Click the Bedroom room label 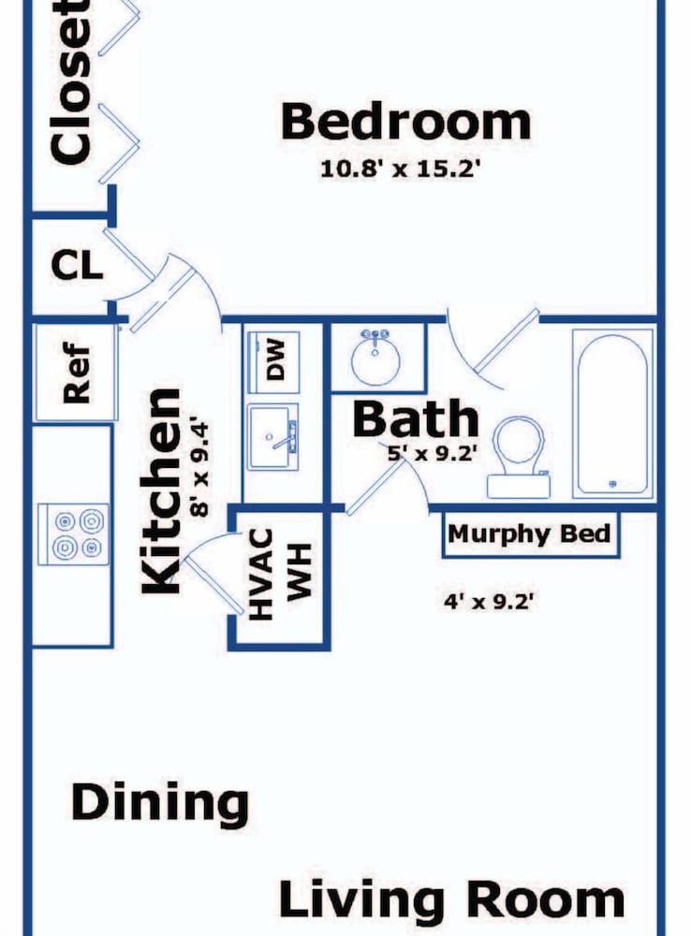coord(405,123)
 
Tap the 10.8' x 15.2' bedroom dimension coord(400,168)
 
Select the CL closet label coord(77,266)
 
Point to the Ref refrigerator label coord(77,373)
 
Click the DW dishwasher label coord(275,360)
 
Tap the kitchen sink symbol coord(273,437)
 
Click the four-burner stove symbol coord(73,534)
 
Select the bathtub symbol coord(612,414)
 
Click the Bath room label coord(416,418)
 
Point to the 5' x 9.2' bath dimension coord(432,454)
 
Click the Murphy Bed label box coord(530,534)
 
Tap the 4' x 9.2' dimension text coord(488,601)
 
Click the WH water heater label coord(300,571)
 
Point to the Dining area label coord(159,803)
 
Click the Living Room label coord(451,899)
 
